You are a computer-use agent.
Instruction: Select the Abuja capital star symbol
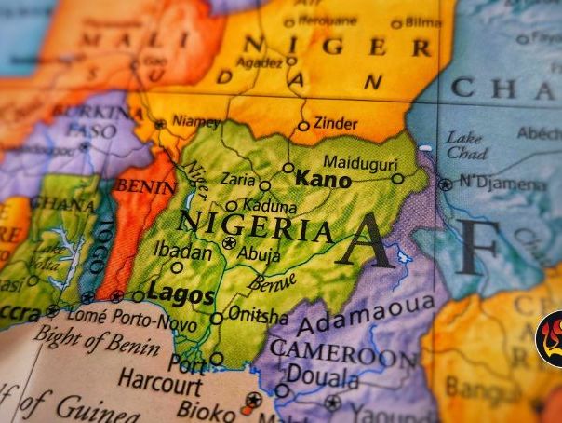(229, 242)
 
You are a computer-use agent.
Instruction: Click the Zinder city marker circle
(303, 126)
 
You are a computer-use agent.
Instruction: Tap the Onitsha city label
(258, 316)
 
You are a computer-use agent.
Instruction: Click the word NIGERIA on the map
(256, 225)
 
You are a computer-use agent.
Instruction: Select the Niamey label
(195, 122)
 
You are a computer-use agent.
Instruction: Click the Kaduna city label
(269, 206)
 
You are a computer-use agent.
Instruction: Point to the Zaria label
(238, 179)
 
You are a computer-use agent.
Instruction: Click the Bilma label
(422, 22)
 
